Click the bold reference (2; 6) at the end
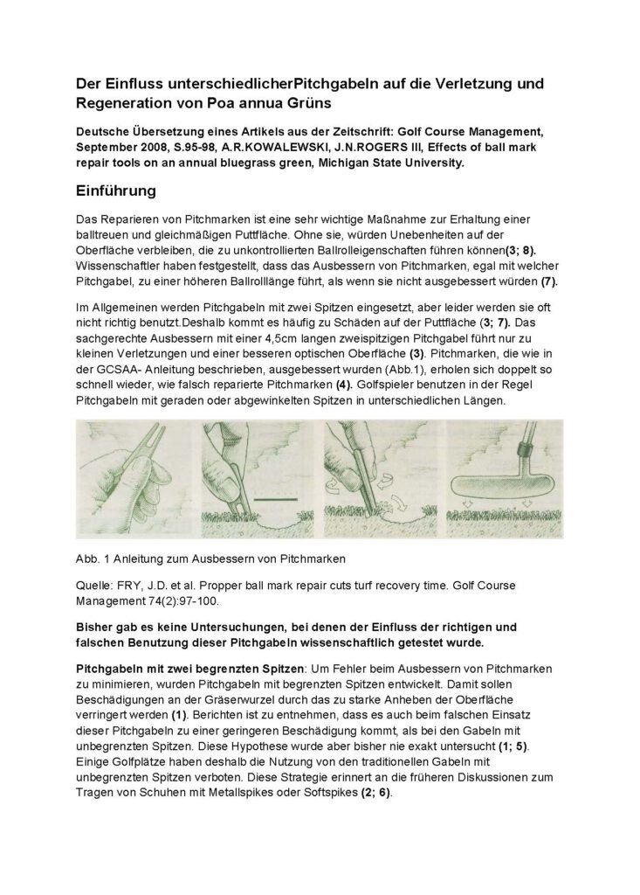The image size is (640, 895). pyautogui.click(x=375, y=793)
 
